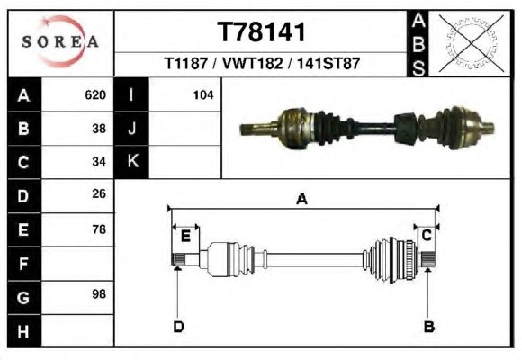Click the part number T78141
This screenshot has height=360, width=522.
click(x=261, y=32)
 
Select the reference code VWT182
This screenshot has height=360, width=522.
click(x=252, y=63)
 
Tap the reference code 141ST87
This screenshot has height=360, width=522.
click(x=328, y=63)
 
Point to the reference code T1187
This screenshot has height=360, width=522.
click(x=186, y=63)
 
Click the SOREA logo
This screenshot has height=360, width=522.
click(x=60, y=41)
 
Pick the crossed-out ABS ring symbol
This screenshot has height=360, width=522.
click(x=471, y=43)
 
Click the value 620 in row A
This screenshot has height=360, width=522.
click(x=95, y=95)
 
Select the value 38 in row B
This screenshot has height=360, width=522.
click(x=99, y=129)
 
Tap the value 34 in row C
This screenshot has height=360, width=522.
click(x=99, y=162)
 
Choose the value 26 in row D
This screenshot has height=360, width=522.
click(x=99, y=193)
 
